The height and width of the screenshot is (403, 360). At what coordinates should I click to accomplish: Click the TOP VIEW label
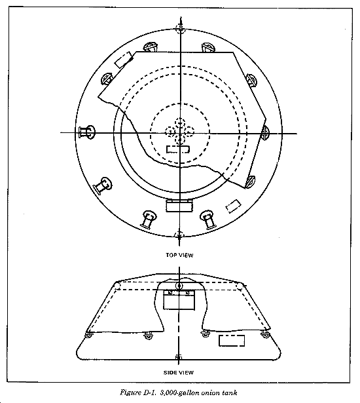(179, 255)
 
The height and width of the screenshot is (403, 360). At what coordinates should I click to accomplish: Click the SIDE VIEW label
(179, 372)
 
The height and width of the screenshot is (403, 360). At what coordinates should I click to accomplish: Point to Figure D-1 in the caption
(138, 393)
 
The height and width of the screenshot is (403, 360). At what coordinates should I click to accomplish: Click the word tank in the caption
(230, 393)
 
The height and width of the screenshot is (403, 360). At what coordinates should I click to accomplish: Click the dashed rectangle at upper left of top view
(124, 60)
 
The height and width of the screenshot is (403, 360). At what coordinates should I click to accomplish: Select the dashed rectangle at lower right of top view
(234, 206)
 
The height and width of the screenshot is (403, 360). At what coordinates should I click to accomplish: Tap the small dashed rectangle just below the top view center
(178, 149)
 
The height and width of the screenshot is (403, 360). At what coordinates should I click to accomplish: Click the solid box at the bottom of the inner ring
(179, 205)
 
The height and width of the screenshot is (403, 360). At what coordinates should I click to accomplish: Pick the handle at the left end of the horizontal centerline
(87, 132)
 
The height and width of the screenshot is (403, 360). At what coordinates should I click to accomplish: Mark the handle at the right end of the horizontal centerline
(265, 133)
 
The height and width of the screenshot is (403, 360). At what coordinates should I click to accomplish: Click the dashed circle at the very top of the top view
(181, 28)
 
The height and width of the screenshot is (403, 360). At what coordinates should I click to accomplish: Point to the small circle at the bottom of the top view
(179, 235)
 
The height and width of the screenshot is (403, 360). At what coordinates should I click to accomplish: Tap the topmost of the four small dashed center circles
(180, 123)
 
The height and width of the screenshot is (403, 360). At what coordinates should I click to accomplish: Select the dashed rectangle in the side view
(232, 341)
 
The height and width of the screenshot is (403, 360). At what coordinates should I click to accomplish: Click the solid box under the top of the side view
(179, 299)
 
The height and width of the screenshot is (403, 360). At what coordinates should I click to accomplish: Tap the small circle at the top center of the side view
(179, 286)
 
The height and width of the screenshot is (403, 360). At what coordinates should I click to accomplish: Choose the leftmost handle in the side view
(88, 336)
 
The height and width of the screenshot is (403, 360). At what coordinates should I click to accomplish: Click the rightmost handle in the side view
(265, 334)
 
